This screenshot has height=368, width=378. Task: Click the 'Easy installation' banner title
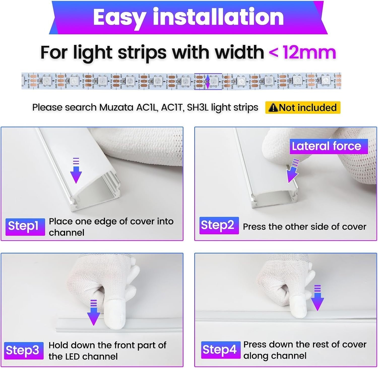coord(188,17)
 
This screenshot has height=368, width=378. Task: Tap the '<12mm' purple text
coord(302,52)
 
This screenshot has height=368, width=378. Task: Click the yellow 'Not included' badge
coord(303,108)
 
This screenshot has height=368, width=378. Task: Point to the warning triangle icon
coord(273,108)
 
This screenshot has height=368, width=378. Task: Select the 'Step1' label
coord(25,226)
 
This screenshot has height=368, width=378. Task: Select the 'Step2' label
coord(219,225)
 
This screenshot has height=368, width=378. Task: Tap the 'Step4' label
coord(219,350)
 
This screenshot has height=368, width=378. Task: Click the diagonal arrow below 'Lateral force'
coord(293,171)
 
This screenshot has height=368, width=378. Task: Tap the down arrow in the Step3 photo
coord(93,313)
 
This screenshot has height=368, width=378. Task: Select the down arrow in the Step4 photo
coord(317,298)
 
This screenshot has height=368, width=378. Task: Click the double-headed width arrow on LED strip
coord(208,81)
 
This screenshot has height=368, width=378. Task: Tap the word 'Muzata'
coord(116,108)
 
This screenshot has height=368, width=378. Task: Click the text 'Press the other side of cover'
coord(304,227)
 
